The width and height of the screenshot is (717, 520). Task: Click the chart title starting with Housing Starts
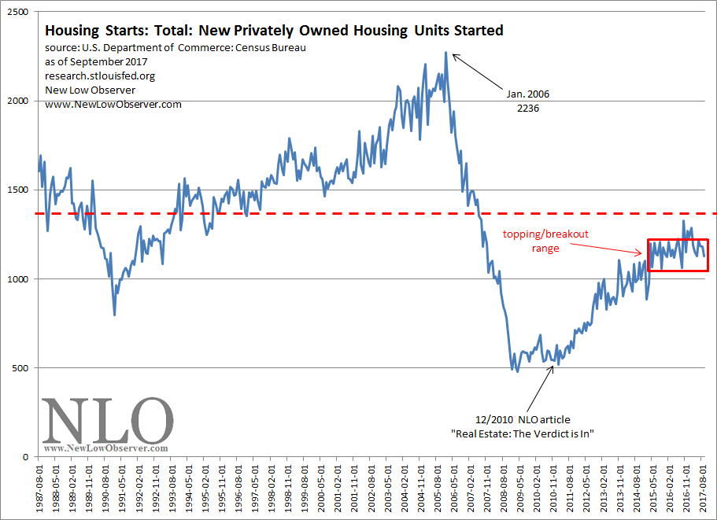(x=274, y=31)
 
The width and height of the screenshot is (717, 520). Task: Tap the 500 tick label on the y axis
(x=21, y=367)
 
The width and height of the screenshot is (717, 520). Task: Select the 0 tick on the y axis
(x=27, y=456)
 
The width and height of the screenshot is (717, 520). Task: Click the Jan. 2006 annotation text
(x=523, y=94)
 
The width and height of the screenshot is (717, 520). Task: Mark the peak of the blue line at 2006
(x=445, y=53)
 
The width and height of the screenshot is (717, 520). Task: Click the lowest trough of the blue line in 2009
(x=517, y=371)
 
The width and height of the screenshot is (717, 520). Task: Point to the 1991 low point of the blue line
(x=115, y=315)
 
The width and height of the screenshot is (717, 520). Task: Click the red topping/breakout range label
(x=545, y=241)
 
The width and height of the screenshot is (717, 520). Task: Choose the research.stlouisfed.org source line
(x=96, y=76)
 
